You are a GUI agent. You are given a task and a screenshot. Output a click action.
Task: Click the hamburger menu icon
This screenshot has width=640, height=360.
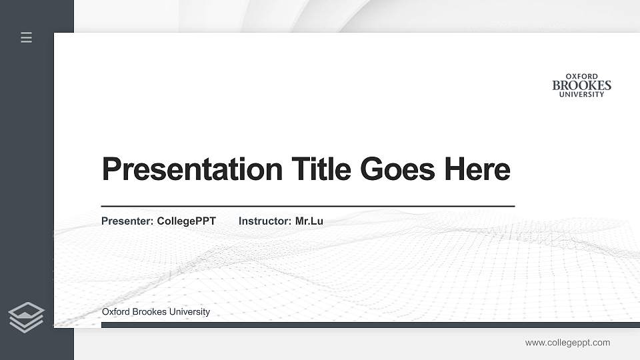point(27,37)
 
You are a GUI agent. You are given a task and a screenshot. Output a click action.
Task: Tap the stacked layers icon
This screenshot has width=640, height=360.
point(26,317)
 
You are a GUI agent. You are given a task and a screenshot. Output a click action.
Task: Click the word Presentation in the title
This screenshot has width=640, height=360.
point(192,169)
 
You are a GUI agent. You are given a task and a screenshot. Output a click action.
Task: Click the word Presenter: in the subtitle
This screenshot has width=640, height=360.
point(127,221)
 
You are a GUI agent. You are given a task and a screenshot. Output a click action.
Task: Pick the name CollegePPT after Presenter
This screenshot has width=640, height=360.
point(186,221)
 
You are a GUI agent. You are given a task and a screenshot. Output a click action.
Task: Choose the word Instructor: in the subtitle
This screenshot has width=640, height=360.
point(265,221)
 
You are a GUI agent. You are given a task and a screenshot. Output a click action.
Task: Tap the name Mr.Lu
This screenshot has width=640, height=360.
point(309,221)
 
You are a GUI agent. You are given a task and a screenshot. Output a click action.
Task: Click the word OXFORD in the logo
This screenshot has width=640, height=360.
point(581,77)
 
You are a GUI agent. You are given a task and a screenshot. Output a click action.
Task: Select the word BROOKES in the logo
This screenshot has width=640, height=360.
point(581,85)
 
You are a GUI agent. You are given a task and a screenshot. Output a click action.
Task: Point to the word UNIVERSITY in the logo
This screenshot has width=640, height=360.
point(581,95)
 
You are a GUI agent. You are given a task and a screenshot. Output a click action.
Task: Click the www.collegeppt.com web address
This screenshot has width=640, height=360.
point(567,343)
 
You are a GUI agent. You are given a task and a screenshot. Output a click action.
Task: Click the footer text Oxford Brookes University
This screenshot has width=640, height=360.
point(155,312)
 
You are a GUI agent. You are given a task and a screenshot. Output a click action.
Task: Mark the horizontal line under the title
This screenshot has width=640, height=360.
point(307,207)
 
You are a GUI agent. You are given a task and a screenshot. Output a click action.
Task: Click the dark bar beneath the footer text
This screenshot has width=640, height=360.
point(370,325)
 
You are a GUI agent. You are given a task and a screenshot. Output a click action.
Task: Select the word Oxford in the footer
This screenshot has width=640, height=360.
point(116,312)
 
